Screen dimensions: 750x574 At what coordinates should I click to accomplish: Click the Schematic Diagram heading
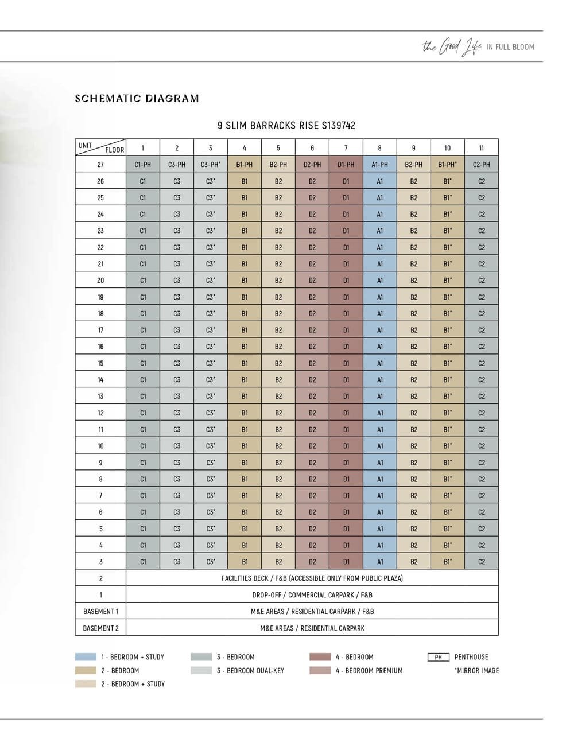(x=137, y=98)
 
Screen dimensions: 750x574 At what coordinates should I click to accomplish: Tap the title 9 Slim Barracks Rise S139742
(x=286, y=125)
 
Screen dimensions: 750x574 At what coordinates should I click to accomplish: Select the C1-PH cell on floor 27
(x=143, y=165)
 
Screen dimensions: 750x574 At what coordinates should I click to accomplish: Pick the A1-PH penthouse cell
(x=379, y=165)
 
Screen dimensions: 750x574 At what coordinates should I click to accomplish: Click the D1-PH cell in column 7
(x=346, y=165)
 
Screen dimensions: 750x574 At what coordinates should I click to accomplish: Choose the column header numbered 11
(x=481, y=148)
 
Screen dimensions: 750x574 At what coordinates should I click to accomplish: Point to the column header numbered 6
(x=312, y=148)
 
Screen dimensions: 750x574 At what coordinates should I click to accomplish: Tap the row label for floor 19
(x=100, y=297)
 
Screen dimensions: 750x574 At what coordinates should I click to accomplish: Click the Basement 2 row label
(x=100, y=628)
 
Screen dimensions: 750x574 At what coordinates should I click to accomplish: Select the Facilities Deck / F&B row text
(x=312, y=578)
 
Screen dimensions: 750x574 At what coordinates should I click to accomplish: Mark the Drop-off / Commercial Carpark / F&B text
(x=312, y=595)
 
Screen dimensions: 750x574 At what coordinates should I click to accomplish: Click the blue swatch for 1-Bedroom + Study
(x=86, y=657)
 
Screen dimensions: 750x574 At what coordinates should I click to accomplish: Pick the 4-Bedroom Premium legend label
(x=369, y=670)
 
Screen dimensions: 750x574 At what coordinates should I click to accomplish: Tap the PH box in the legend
(x=438, y=657)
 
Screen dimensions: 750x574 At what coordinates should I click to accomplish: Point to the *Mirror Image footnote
(x=476, y=670)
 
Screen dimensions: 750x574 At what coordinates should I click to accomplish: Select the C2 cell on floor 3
(x=481, y=562)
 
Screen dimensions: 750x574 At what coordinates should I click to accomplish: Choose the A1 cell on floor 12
(x=379, y=413)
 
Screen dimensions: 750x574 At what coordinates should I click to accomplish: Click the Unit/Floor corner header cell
(x=100, y=147)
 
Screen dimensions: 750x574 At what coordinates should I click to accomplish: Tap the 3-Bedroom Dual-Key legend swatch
(x=201, y=670)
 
